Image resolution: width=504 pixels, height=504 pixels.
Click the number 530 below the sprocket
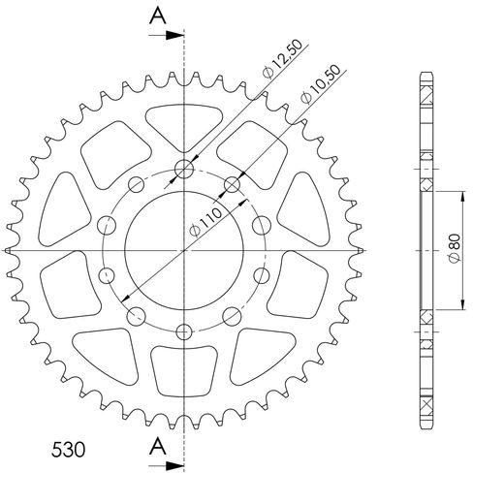point(68,452)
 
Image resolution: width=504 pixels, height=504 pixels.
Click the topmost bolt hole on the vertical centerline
point(183,172)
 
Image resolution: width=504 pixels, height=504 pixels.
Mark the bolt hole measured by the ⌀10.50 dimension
point(233,184)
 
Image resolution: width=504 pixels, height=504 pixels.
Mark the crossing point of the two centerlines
point(183,251)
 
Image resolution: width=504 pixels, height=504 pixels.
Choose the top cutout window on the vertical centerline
point(183,123)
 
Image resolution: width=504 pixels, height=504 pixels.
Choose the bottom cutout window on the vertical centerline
point(183,373)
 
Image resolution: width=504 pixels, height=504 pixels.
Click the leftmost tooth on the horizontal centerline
point(10,251)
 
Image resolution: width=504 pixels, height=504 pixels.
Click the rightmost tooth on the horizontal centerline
point(357,251)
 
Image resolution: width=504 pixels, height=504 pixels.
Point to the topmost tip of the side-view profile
point(426,74)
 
